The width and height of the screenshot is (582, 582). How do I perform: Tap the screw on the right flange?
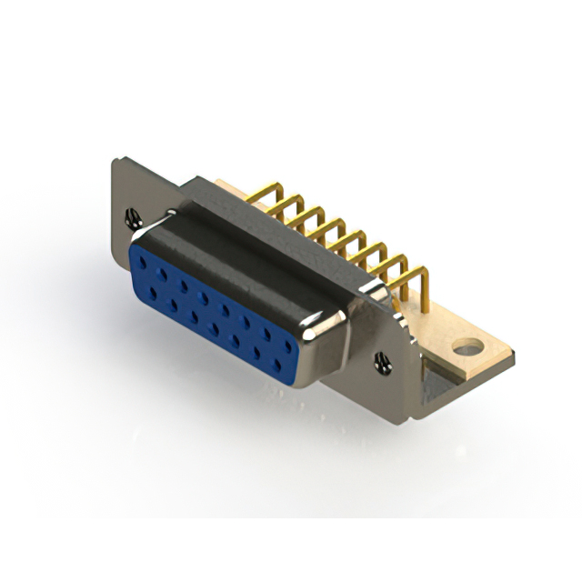382,362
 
